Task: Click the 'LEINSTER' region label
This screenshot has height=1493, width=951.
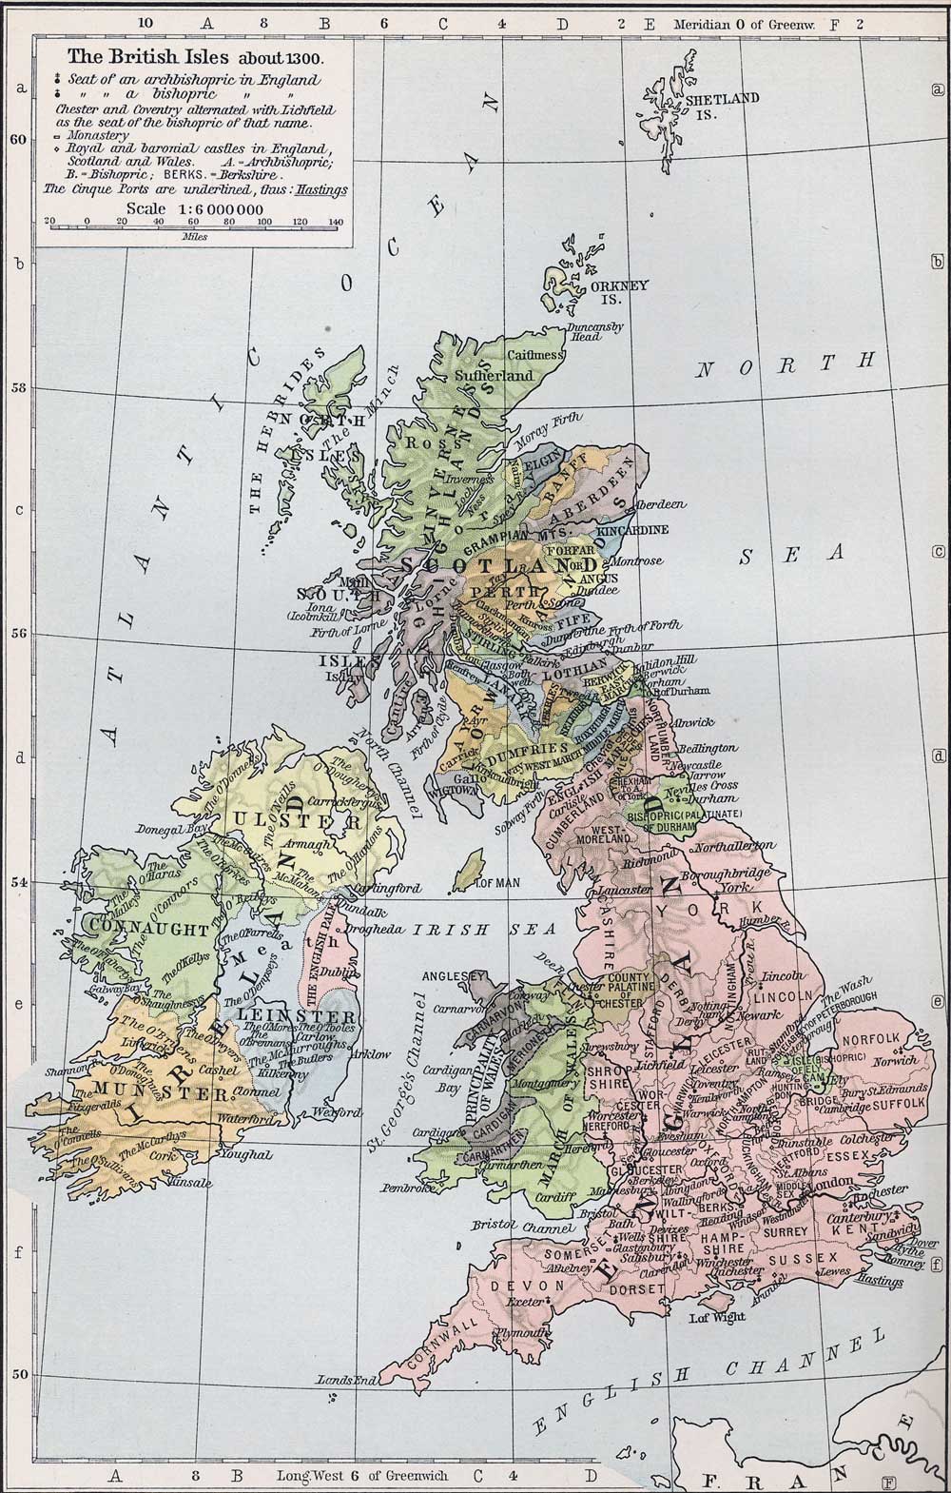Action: click(x=263, y=1015)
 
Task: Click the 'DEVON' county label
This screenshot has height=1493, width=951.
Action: click(x=518, y=1285)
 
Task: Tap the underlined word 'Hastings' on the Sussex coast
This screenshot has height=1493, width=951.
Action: click(x=879, y=1282)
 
